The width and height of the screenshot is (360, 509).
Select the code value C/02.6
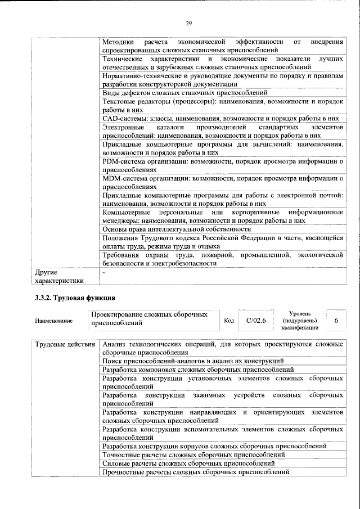pyautogui.click(x=256, y=321)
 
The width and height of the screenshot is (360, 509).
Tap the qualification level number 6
pyautogui.click(x=336, y=320)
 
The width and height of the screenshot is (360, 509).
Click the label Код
pyautogui.click(x=229, y=321)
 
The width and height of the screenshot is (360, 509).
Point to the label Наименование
pyautogui.click(x=53, y=321)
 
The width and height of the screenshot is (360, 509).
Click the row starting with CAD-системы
pyautogui.click(x=221, y=119)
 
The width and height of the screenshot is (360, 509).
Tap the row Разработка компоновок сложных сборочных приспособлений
pyautogui.click(x=198, y=370)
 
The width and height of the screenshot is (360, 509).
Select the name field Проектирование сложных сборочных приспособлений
pyautogui.click(x=149, y=319)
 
